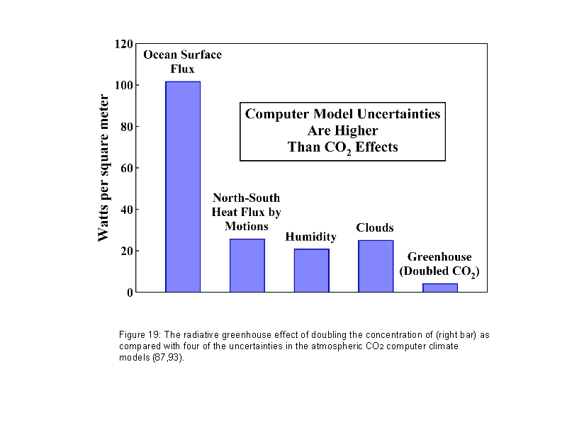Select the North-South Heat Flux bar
pos(247,265)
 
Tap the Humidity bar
pos(312,270)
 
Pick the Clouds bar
pos(376,266)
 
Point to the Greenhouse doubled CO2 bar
pos(440,288)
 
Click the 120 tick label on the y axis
pos(123,44)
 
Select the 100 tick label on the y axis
pos(123,86)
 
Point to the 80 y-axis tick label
pos(126,127)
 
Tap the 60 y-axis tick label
pos(126,168)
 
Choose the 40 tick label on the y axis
pos(126,210)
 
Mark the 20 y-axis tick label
pos(126,251)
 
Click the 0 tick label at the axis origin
pos(130,293)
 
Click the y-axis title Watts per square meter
pos(103,168)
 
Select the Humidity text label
pos(310,237)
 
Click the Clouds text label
pos(374,228)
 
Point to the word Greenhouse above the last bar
pos(439,257)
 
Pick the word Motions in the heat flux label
pos(247,226)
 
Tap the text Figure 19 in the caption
pos(139,333)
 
